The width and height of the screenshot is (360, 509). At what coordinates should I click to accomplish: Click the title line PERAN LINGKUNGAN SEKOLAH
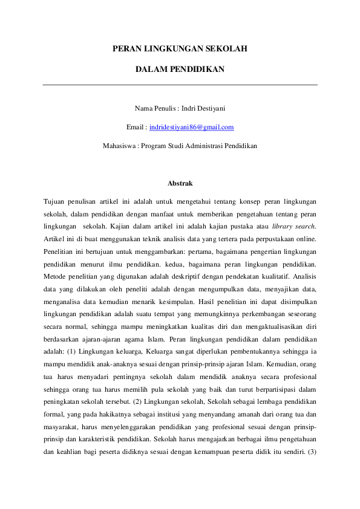[180, 48]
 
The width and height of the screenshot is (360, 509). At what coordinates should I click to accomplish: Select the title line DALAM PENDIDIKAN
[180, 70]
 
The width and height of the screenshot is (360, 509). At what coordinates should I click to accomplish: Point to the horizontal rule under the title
[180, 85]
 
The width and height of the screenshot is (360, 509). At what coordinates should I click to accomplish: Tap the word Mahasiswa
[119, 146]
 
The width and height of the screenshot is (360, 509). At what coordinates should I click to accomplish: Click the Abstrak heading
[180, 183]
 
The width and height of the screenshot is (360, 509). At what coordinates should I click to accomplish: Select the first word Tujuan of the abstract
[54, 200]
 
